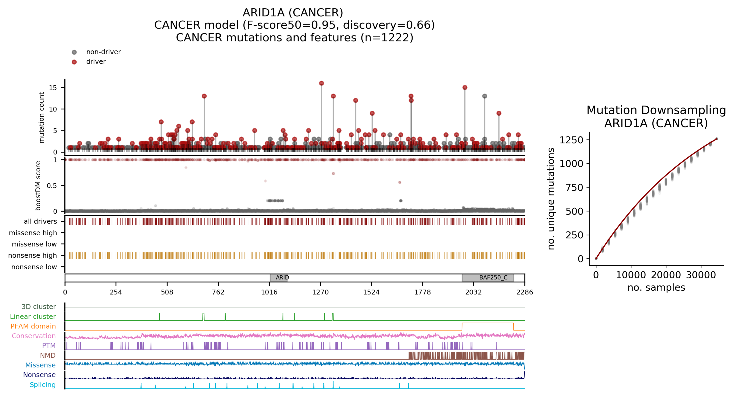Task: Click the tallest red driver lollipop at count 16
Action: click(321, 83)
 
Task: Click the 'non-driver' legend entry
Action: click(103, 52)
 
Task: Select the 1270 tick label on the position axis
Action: click(320, 292)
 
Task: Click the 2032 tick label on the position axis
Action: click(473, 292)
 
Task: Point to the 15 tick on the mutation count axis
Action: click(53, 88)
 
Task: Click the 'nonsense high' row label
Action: click(32, 256)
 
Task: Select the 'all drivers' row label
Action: click(40, 221)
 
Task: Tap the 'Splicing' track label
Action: click(43, 385)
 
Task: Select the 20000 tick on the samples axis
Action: click(666, 275)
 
